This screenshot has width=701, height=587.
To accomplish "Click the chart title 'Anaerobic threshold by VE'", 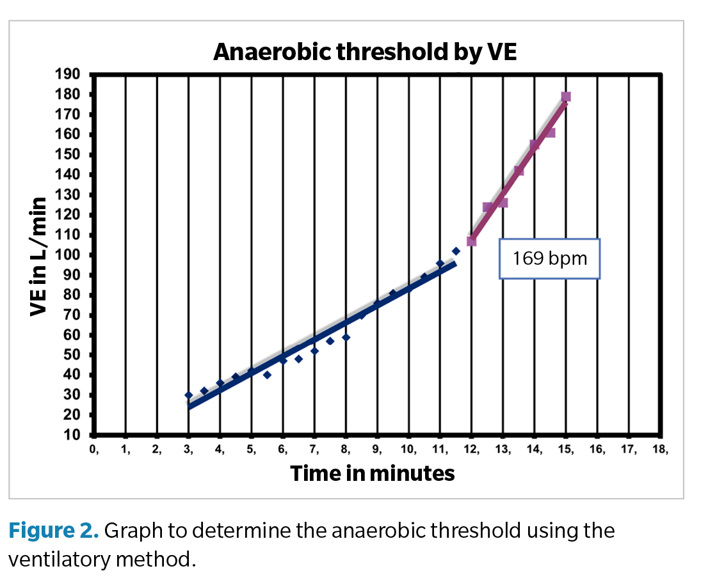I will (x=364, y=52).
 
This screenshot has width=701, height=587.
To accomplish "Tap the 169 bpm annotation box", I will (x=549, y=259).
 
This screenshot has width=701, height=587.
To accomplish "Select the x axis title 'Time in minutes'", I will (x=372, y=474).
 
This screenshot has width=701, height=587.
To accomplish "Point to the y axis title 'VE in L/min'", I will (x=40, y=256).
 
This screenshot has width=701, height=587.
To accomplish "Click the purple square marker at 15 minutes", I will (x=566, y=97).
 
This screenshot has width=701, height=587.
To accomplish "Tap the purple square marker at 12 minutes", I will (x=472, y=241).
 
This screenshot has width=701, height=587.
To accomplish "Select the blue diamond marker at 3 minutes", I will (x=188, y=395).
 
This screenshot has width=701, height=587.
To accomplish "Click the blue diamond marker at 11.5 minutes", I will (x=456, y=251).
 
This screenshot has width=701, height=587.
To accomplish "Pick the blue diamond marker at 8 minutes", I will (x=346, y=337).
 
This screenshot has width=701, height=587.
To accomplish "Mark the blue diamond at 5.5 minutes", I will (x=267, y=375).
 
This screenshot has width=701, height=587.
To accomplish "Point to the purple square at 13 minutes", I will (x=503, y=203).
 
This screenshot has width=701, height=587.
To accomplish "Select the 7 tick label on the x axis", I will (x=314, y=450).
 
